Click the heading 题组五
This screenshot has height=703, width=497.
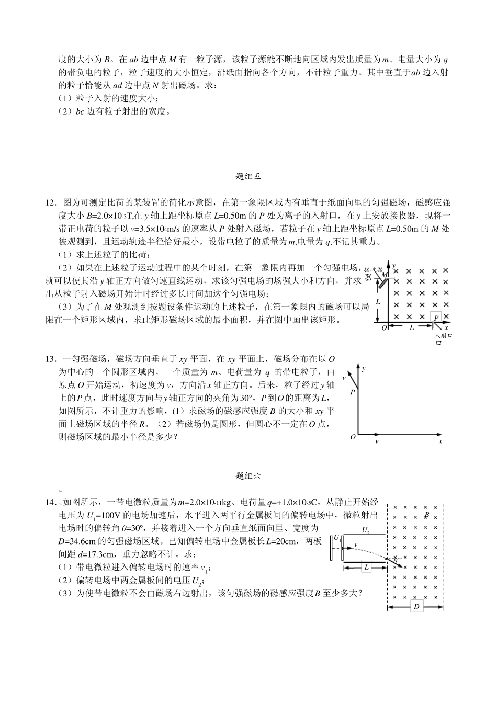pyautogui.click(x=248, y=176)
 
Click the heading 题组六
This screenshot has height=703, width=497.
pyautogui.click(x=248, y=475)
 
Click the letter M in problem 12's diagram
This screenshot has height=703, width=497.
pyautogui.click(x=385, y=274)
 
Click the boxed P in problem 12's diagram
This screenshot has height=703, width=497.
pyautogui.click(x=436, y=317)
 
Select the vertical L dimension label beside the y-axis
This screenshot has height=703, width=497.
pyautogui.click(x=378, y=302)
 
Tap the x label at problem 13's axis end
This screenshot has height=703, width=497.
pyautogui.click(x=440, y=441)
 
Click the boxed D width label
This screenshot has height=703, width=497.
pyautogui.click(x=416, y=607)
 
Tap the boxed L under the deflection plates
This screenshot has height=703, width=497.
pyautogui.click(x=366, y=567)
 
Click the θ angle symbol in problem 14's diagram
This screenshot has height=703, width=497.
pyautogui.click(x=396, y=559)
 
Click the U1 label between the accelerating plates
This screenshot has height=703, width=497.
pyautogui.click(x=336, y=538)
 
